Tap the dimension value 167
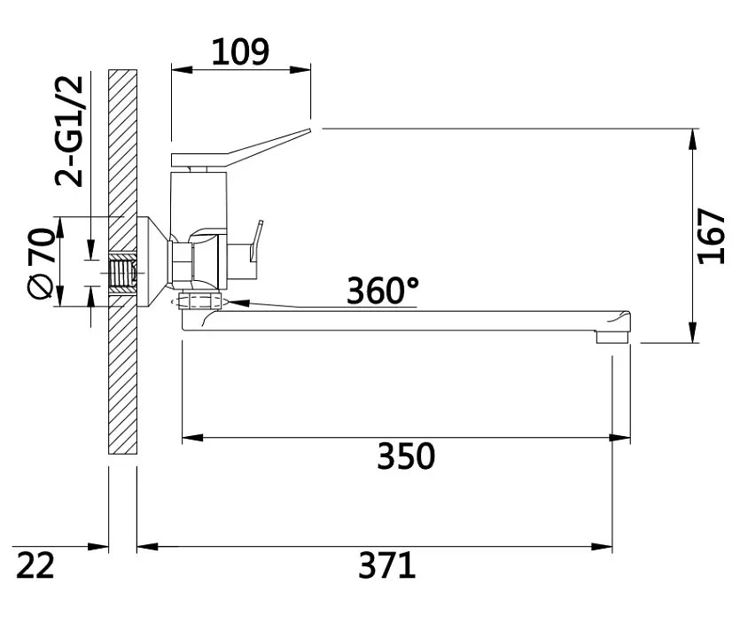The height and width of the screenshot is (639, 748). click(x=712, y=236)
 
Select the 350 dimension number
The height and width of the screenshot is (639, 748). click(x=406, y=456)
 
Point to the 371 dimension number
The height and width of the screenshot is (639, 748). click(x=387, y=565)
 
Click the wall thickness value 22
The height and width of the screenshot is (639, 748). click(x=35, y=565)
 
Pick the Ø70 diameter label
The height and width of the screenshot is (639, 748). click(x=41, y=263)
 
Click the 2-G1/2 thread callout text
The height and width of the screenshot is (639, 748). click(x=70, y=131)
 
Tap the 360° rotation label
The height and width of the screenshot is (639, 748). click(x=383, y=291)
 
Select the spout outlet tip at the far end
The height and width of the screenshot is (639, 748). click(x=613, y=338)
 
